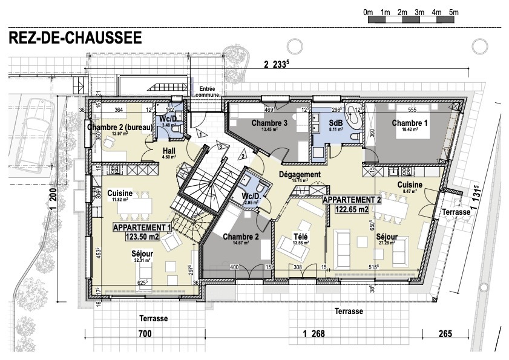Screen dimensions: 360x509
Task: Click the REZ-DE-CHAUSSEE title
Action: click(x=75, y=38)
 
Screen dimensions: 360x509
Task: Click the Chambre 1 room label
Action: click(x=410, y=123)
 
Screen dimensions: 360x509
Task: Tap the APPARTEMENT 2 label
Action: click(x=352, y=199)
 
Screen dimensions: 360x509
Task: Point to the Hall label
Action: click(x=169, y=150)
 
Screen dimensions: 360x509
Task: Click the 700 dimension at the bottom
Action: click(x=144, y=333)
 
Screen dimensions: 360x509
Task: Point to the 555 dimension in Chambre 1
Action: click(x=412, y=110)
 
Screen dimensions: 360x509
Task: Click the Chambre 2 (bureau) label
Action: click(x=119, y=127)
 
